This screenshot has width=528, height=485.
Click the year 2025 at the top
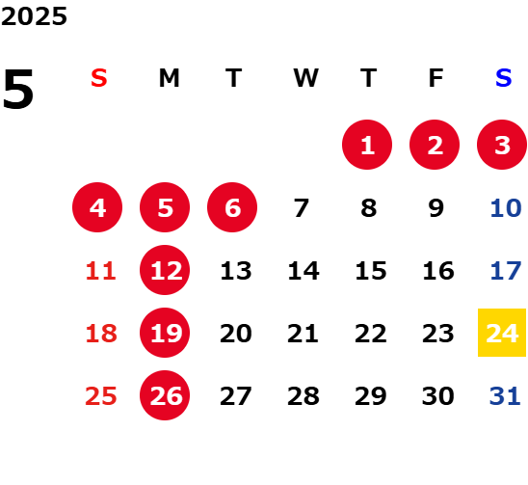click(x=34, y=16)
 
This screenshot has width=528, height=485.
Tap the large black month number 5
click(x=18, y=89)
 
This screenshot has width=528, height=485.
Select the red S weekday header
click(x=99, y=78)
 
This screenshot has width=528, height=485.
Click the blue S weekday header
click(x=503, y=78)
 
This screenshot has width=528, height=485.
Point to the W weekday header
click(x=305, y=78)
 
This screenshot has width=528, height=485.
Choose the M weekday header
click(x=169, y=78)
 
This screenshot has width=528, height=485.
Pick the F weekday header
click(x=436, y=78)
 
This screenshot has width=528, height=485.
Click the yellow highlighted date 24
click(x=502, y=333)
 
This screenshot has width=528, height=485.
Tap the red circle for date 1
click(x=367, y=145)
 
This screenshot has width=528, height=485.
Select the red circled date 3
click(x=502, y=145)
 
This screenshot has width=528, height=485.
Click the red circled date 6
click(x=232, y=207)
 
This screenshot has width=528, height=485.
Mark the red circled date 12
click(x=165, y=270)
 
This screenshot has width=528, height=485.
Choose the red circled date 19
click(x=165, y=333)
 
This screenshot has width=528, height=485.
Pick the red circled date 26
click(x=165, y=395)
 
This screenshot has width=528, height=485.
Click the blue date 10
click(x=506, y=208)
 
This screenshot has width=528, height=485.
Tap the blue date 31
click(x=505, y=396)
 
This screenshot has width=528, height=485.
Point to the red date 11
click(x=100, y=271)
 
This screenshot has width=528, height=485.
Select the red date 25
click(x=101, y=396)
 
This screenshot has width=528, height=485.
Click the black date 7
click(x=301, y=208)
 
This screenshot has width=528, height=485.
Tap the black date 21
click(x=303, y=334)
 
